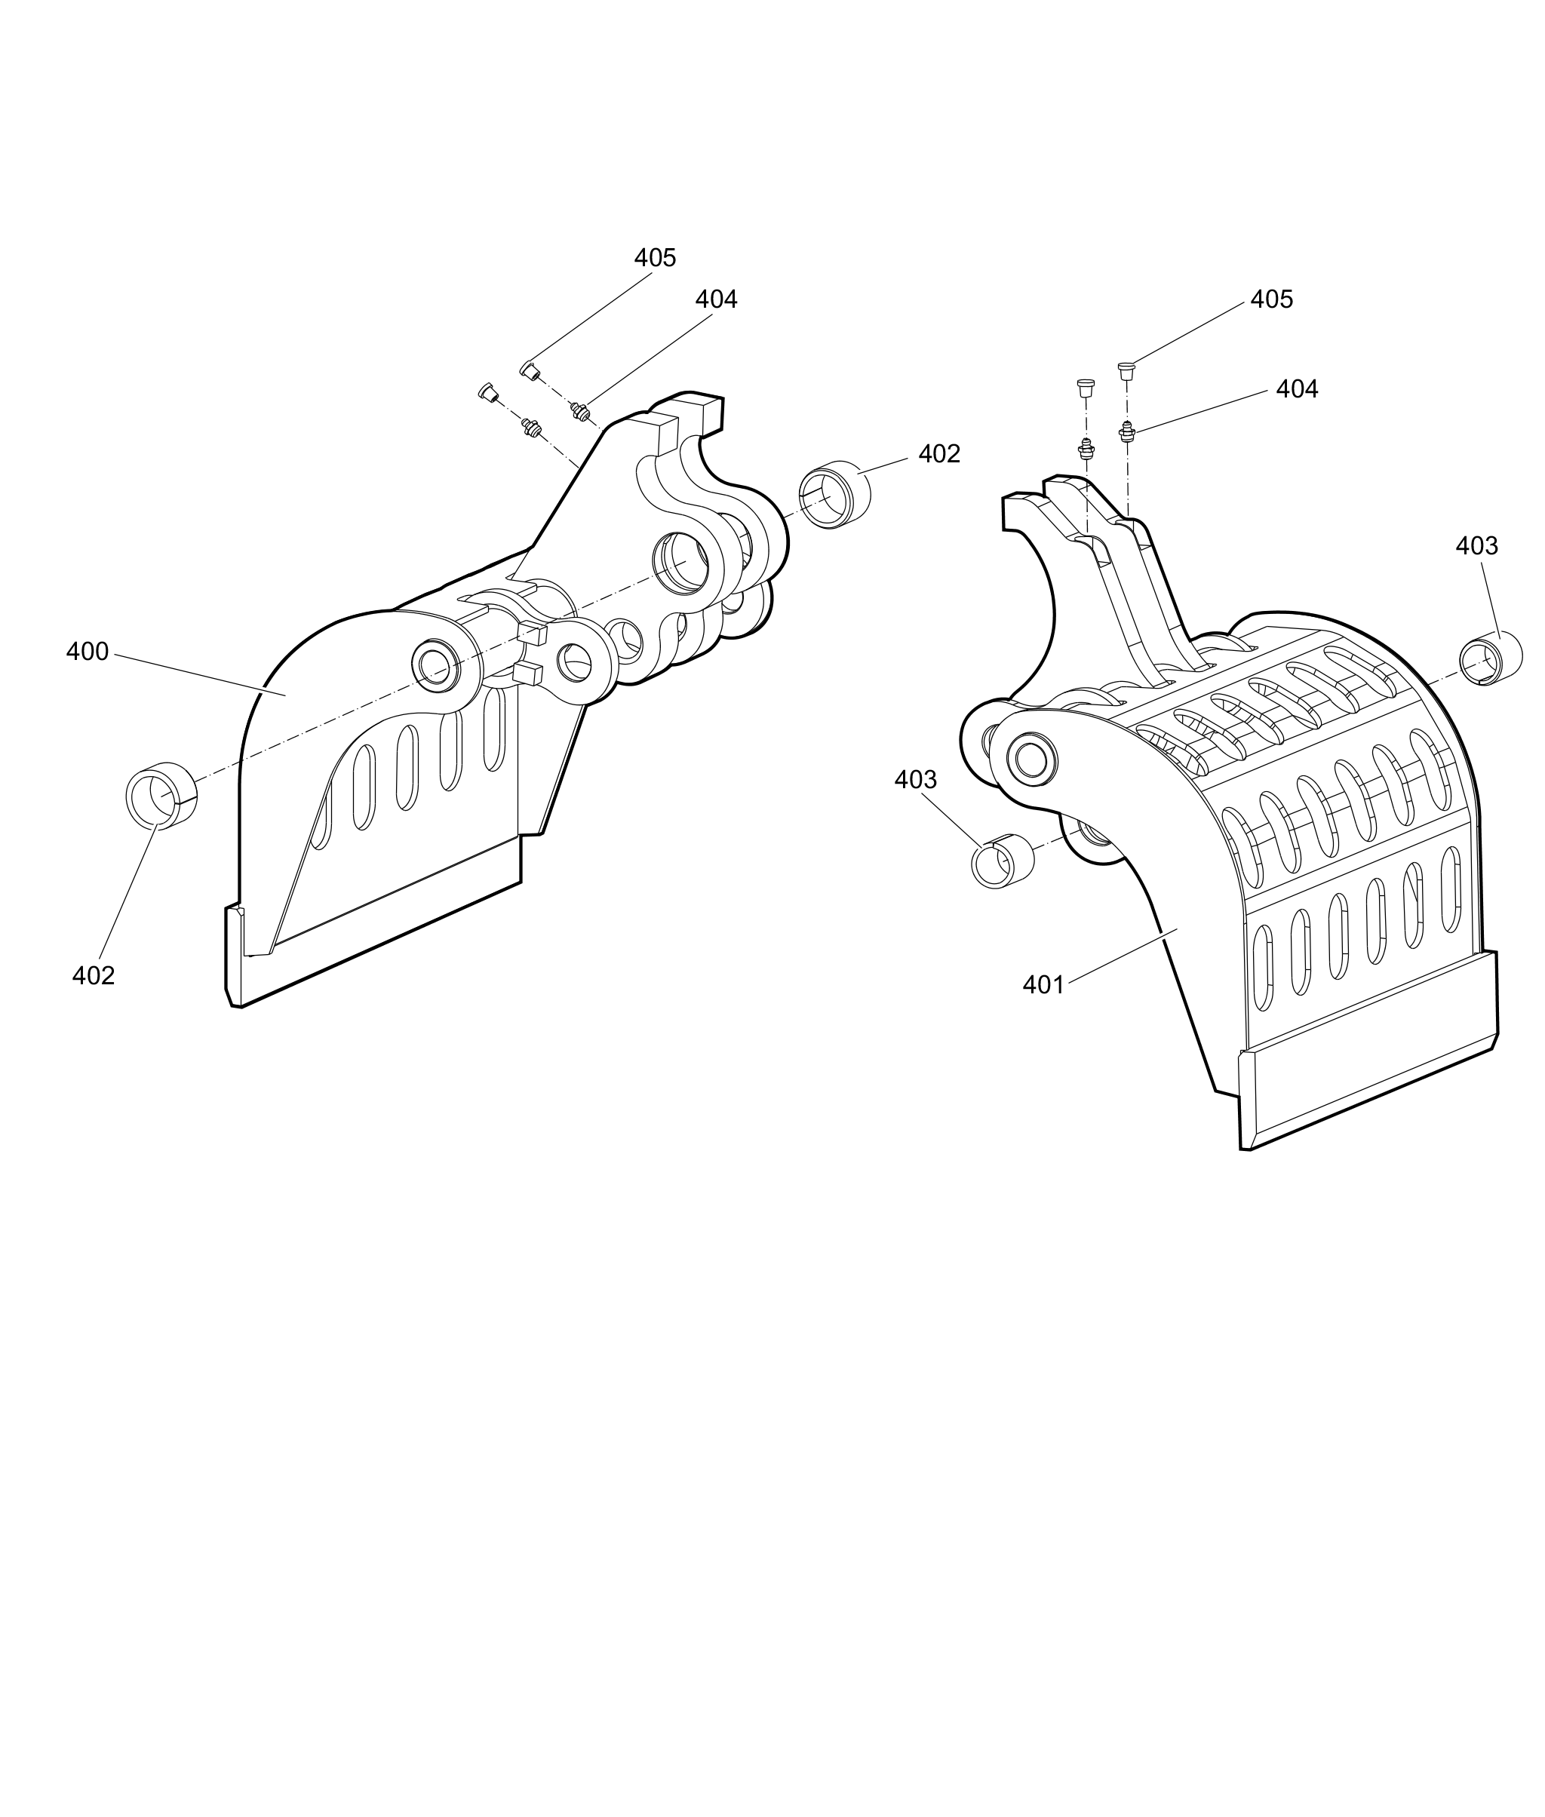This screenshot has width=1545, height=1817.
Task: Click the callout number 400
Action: [x=87, y=652]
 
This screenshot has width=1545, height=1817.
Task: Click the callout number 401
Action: [x=1043, y=985]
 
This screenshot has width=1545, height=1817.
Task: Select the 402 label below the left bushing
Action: [x=93, y=975]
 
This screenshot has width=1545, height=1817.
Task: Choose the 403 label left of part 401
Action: [x=915, y=779]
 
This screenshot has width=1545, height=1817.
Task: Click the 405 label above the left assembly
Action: [x=655, y=257]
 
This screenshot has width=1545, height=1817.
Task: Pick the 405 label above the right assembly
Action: [x=1271, y=299]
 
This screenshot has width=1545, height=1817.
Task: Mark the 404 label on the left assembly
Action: [x=716, y=299]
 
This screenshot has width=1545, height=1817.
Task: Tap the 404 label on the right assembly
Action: [x=1296, y=388]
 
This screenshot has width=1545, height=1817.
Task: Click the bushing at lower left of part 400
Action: [x=161, y=793]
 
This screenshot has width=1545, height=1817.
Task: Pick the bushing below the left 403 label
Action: [x=1002, y=861]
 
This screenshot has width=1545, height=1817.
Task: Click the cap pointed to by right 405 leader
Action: [x=1126, y=370]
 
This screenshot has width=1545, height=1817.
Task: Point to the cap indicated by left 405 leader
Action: [x=529, y=371]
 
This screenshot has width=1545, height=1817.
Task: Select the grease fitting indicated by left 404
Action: [x=578, y=409]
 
